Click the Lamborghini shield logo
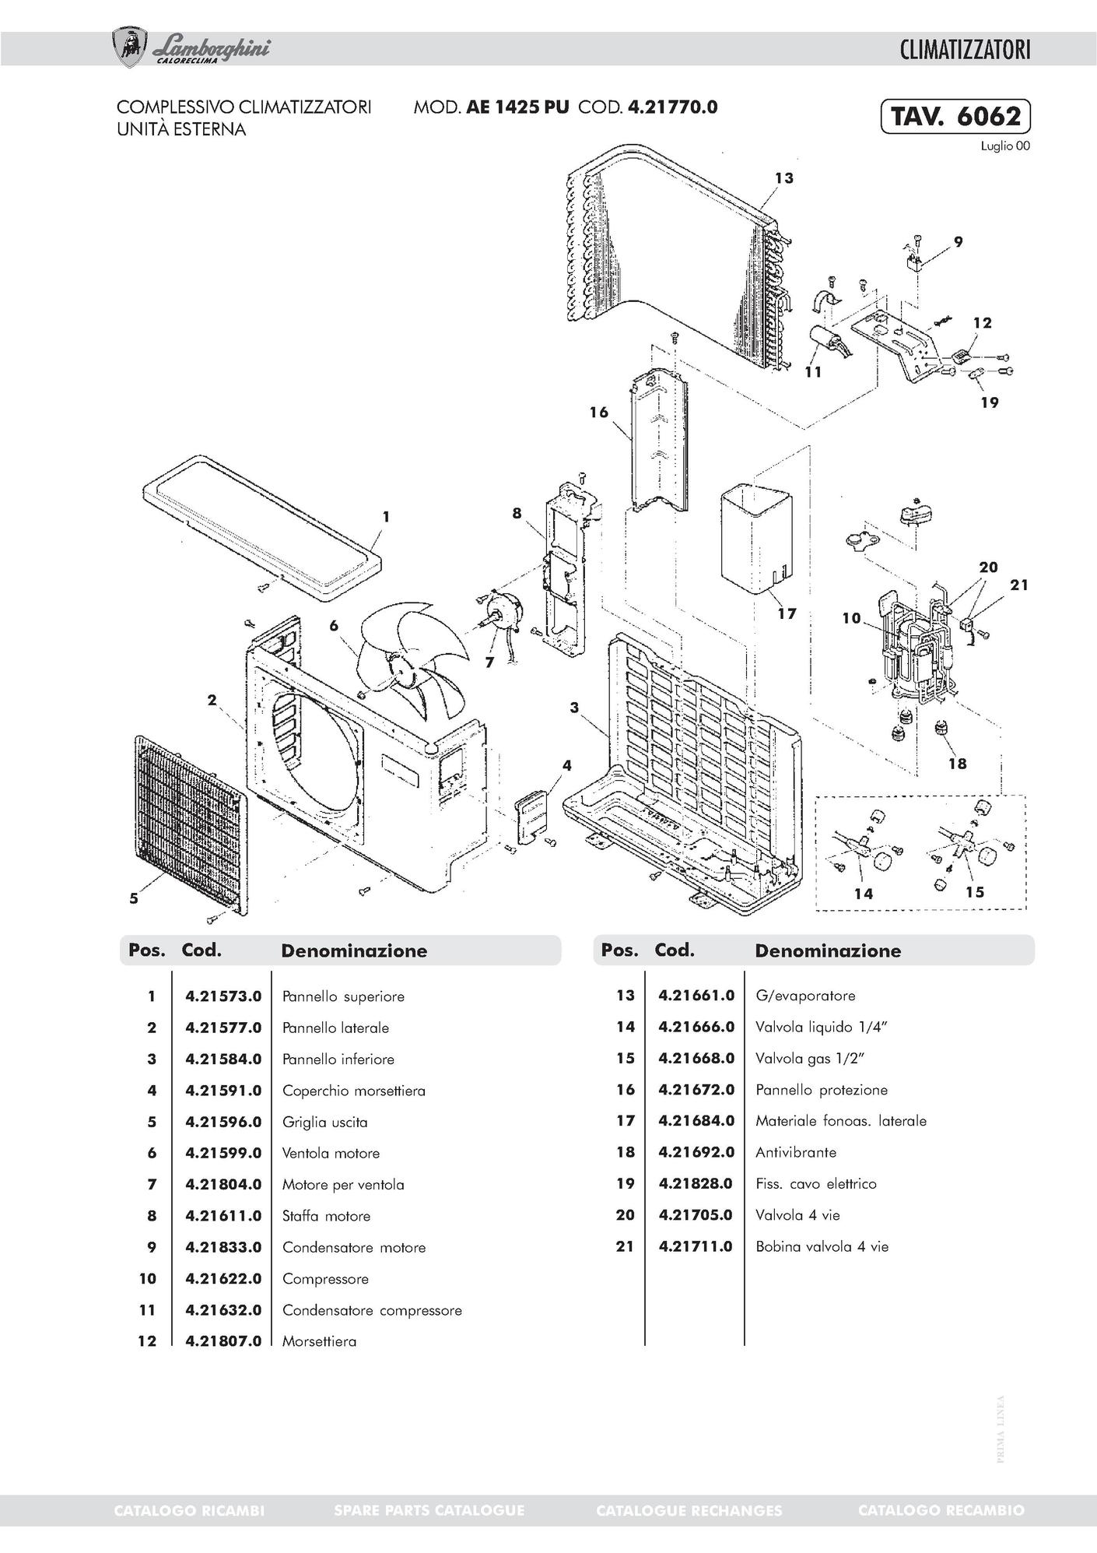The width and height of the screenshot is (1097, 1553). pos(130,47)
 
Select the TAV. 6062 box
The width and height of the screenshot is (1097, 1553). pos(955,117)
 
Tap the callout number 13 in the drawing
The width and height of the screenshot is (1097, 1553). pos(783,178)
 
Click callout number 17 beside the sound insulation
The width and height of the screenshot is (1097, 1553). pos(787,613)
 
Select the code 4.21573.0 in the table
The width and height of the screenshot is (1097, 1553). pos(223,996)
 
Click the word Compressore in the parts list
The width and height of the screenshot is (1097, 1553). pos(325,1279)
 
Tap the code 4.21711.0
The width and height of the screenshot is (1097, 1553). pos(696,1246)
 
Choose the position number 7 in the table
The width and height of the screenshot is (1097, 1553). pos(152,1185)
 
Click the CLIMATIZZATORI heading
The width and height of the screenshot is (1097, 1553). pos(965,50)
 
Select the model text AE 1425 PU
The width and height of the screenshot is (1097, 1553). pos(517,107)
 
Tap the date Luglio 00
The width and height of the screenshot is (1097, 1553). pos(1005,146)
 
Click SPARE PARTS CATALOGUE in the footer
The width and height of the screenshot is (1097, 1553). pos(429,1510)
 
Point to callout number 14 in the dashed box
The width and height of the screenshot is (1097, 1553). pos(863,893)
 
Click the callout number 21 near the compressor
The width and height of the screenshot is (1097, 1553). pos(1018,585)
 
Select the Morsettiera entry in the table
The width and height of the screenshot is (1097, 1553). pos(319,1341)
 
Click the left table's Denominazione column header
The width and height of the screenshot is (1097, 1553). pos(353,950)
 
